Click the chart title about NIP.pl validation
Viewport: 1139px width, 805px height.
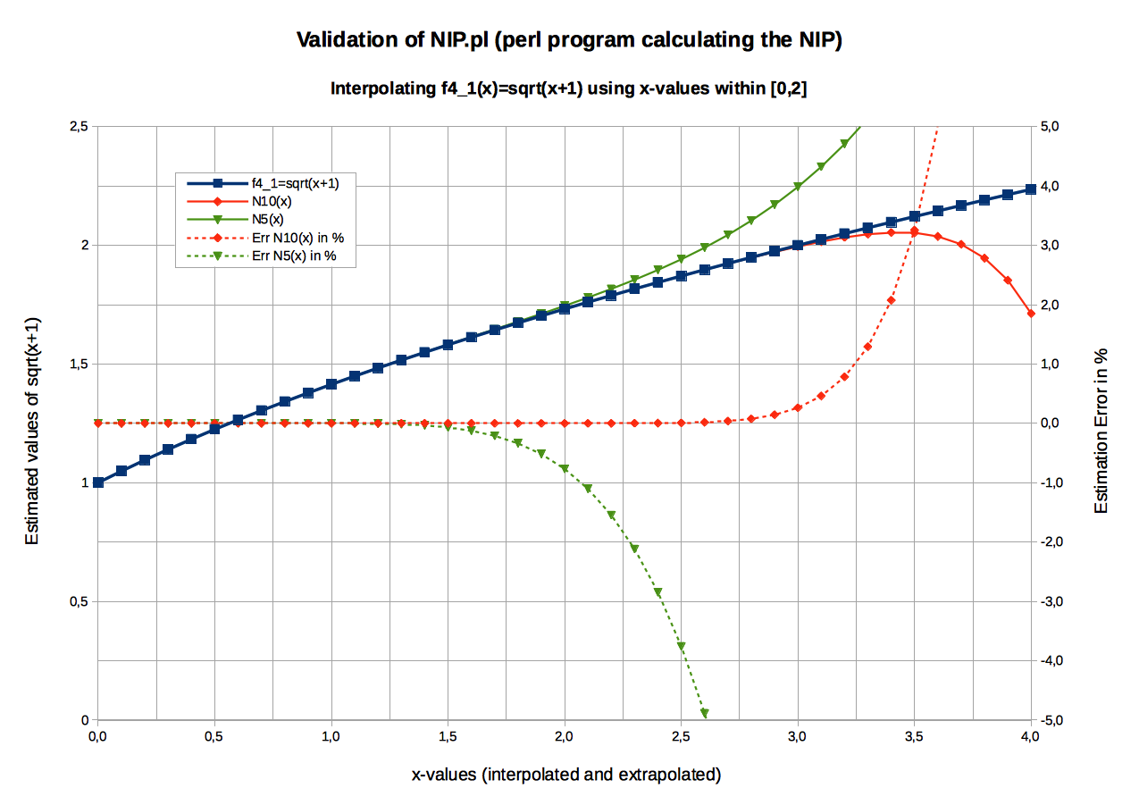tap(568, 40)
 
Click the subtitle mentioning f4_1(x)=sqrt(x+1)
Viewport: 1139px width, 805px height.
tap(568, 88)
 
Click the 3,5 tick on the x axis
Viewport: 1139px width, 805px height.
tap(914, 736)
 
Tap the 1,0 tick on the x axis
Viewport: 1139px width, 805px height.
tap(331, 736)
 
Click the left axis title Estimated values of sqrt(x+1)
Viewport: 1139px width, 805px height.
tap(33, 431)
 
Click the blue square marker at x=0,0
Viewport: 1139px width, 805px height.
tap(98, 482)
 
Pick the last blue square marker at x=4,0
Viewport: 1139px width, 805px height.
tap(1031, 189)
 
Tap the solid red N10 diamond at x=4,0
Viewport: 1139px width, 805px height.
tap(1031, 314)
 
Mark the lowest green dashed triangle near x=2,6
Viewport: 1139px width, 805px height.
tap(705, 713)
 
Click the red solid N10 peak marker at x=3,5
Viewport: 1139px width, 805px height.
tap(914, 232)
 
